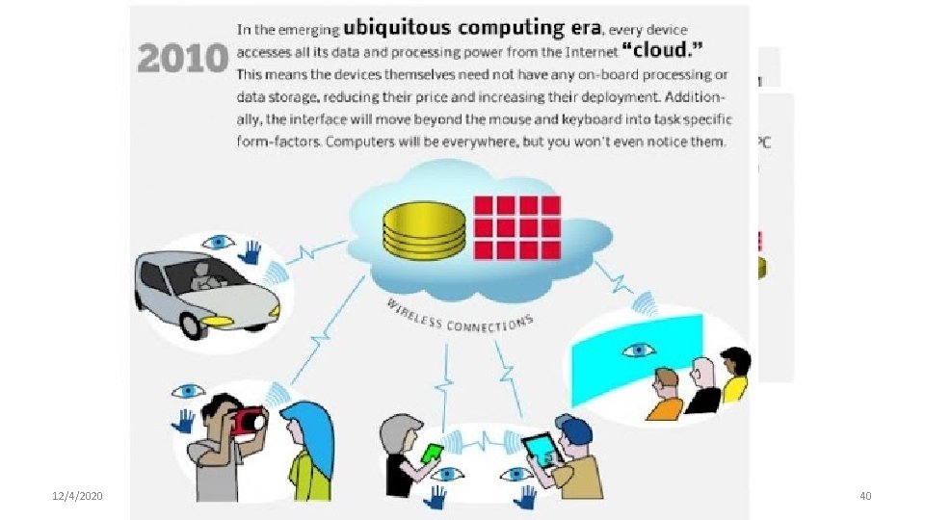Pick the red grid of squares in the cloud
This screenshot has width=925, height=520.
click(516, 227)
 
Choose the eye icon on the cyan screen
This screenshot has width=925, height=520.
click(637, 350)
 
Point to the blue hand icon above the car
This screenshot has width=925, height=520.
click(251, 252)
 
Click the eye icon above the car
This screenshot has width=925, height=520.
click(220, 242)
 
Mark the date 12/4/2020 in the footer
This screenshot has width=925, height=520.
click(77, 496)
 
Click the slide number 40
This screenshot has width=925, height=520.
click(864, 496)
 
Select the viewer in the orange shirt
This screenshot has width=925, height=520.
click(665, 396)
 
